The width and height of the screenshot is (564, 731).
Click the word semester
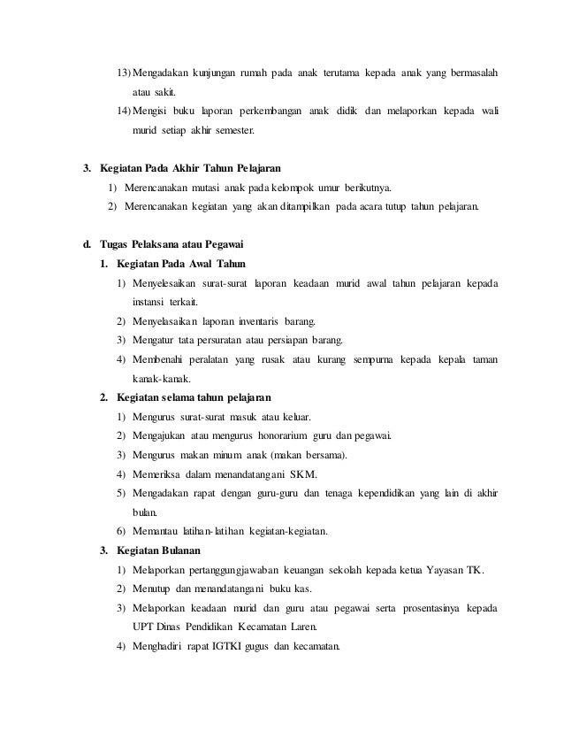coord(230,130)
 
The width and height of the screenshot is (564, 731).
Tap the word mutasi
coord(204,188)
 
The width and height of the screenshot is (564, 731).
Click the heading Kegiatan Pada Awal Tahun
coord(173,264)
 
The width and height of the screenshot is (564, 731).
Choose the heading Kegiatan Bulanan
coord(159,550)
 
